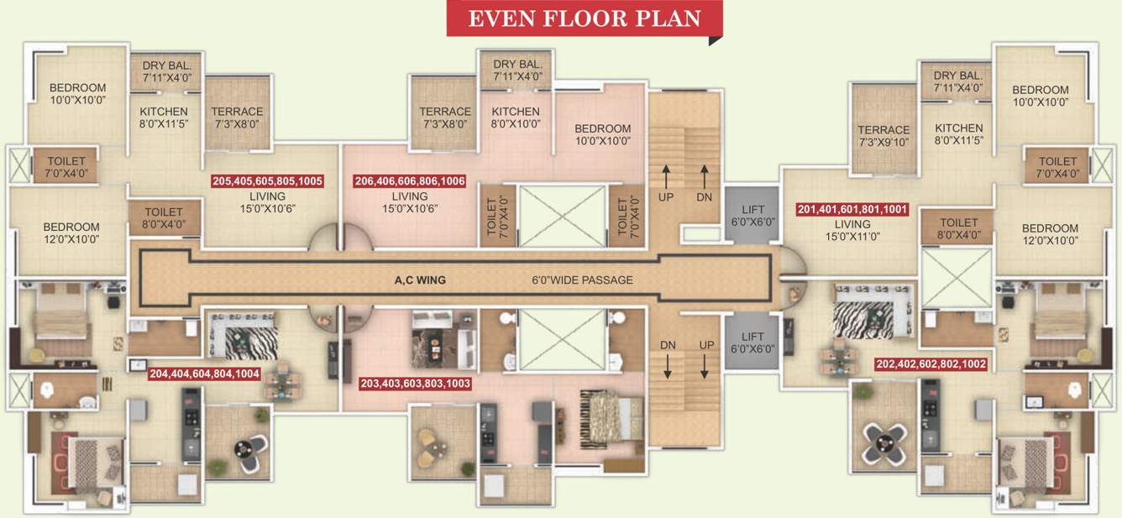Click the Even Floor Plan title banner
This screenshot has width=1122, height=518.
[x=584, y=18]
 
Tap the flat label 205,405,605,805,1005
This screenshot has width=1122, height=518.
[x=268, y=181]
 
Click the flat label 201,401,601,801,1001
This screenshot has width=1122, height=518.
[x=852, y=210]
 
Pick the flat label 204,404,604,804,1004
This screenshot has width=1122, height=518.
[x=204, y=374]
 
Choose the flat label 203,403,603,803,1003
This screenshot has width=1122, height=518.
[x=415, y=384]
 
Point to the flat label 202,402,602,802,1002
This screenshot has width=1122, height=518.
[x=931, y=365]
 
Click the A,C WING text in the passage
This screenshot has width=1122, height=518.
[x=420, y=280]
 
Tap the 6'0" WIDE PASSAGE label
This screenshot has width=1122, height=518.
[x=582, y=280]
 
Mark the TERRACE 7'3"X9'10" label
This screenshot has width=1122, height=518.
[x=883, y=136]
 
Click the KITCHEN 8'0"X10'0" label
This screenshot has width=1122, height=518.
[x=516, y=118]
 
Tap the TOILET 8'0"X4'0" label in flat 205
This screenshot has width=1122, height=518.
[x=164, y=218]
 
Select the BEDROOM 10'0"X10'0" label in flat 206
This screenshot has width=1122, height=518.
[x=602, y=134]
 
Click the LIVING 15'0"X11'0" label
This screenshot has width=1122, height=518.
[x=852, y=231]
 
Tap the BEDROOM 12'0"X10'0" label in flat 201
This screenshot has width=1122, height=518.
[x=1050, y=234]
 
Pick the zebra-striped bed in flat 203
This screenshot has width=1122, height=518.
[x=604, y=415]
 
